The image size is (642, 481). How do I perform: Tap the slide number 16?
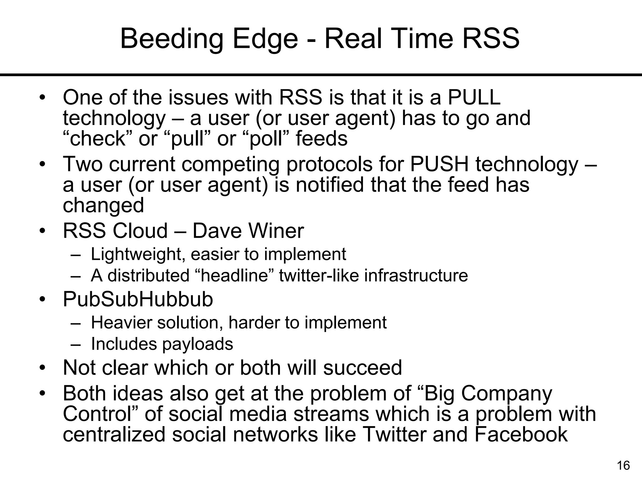(x=623, y=466)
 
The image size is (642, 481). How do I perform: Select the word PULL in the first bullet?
(x=474, y=97)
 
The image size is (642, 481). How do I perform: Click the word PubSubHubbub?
(x=138, y=299)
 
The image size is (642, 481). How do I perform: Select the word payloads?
(x=197, y=344)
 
